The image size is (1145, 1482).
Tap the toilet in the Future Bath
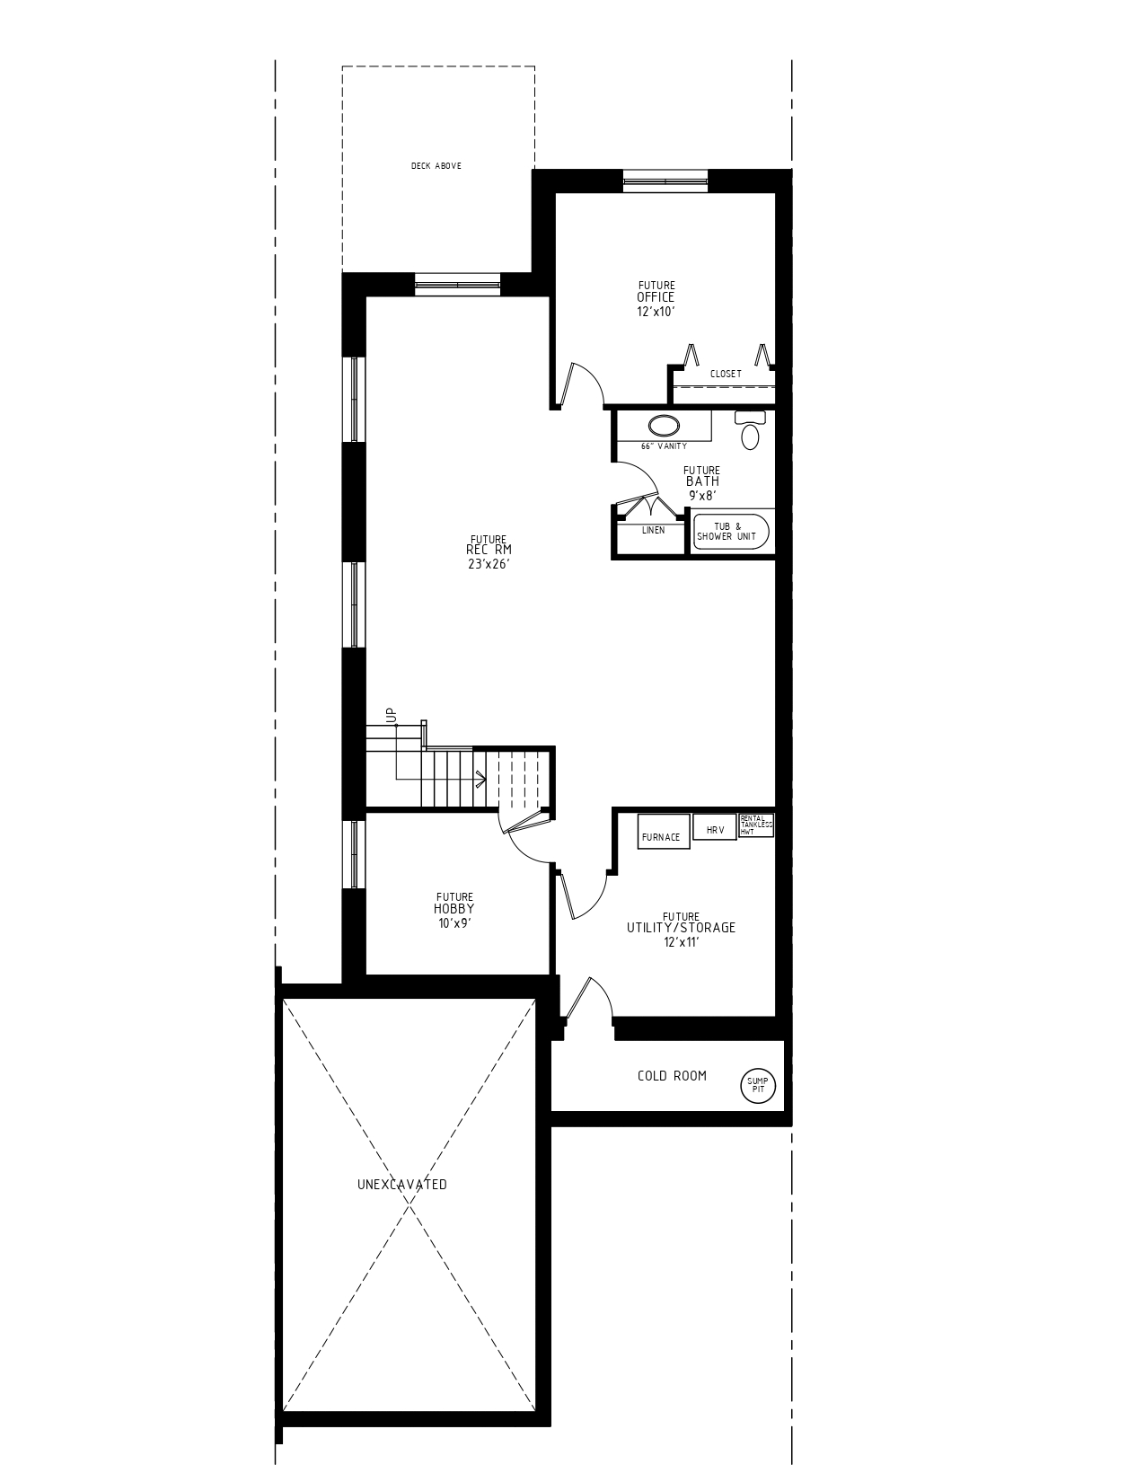750,431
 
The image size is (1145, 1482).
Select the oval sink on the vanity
664,426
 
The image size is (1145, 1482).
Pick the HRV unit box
715,830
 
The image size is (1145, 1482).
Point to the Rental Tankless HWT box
755,825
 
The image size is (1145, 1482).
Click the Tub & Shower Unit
731,532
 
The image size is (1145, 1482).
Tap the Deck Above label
436,166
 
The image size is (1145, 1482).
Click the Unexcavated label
402,1185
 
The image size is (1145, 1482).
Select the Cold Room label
672,1076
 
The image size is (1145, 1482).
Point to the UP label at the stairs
391,715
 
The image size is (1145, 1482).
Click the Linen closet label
654,530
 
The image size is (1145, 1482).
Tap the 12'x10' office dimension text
656,311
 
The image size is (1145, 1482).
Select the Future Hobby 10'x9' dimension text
454,922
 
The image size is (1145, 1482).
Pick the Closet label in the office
726,374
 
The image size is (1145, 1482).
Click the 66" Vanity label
664,446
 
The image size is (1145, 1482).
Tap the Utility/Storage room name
681,928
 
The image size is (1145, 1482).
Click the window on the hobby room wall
357,853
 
